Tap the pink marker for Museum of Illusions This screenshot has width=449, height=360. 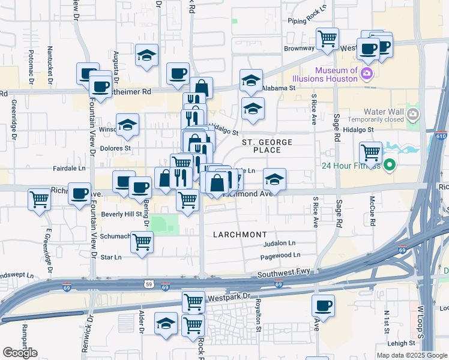pyautogui.click(x=367, y=74)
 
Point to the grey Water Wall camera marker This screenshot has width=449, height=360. pyautogui.click(x=412, y=114)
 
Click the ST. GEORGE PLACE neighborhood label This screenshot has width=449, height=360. pyautogui.click(x=267, y=146)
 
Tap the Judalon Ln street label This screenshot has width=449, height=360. pyautogui.click(x=280, y=244)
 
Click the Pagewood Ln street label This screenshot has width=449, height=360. pyautogui.click(x=280, y=256)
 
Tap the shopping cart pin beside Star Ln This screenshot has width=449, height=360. pyautogui.click(x=142, y=242)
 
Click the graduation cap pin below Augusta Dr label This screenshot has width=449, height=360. pyautogui.click(x=146, y=55)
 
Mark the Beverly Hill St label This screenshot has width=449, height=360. pyautogui.click(x=121, y=214)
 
